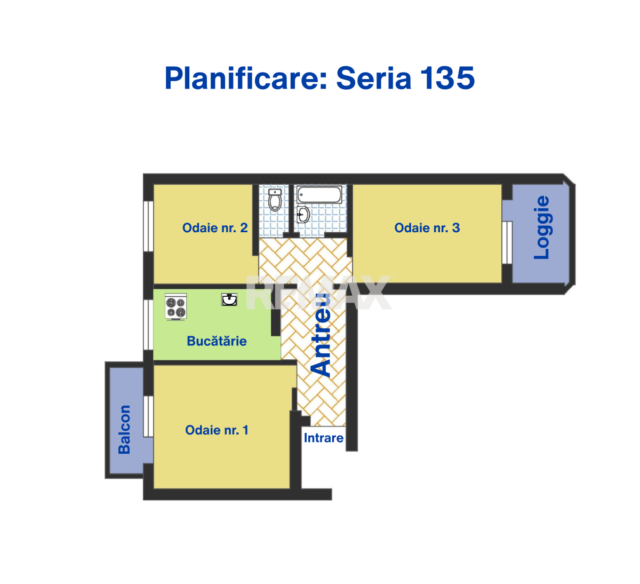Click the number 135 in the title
[447, 78]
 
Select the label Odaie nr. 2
[215, 228]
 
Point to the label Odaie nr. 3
[427, 228]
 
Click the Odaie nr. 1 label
[217, 430]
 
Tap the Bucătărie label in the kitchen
[217, 341]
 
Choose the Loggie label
[542, 227]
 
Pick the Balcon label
[124, 430]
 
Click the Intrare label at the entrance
[324, 438]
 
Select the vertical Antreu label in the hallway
[321, 335]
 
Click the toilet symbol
[275, 200]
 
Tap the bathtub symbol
[319, 194]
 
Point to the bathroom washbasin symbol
[303, 215]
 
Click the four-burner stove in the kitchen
[176, 307]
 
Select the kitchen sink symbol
[229, 300]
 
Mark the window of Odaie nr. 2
[148, 226]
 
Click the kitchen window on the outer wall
[148, 325]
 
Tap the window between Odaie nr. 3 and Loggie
[507, 242]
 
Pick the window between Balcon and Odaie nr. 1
[148, 416]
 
